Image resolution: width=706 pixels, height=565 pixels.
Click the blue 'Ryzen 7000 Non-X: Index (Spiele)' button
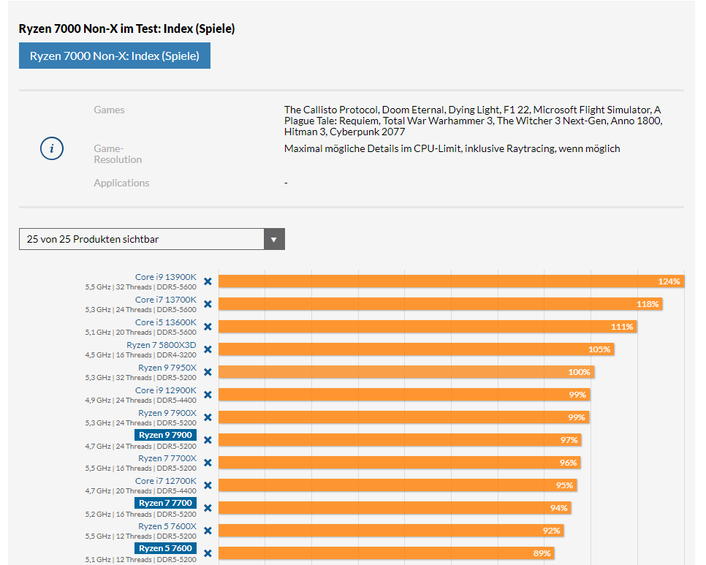115,56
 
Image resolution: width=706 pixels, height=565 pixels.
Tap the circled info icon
51,148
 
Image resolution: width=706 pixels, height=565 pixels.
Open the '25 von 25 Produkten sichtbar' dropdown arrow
274,239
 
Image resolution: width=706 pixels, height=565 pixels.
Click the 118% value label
648,304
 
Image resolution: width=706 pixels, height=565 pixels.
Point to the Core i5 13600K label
165,322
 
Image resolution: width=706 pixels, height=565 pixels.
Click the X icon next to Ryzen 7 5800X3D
208,349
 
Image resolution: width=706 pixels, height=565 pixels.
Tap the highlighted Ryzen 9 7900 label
165,436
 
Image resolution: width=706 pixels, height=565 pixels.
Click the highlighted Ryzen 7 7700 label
165,504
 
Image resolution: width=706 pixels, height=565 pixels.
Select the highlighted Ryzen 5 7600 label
165,549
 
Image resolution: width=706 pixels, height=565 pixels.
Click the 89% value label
542,553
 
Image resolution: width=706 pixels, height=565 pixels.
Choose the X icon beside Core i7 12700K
208,485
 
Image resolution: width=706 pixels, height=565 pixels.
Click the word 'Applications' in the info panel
121,183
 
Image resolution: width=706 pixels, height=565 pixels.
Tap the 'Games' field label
109,110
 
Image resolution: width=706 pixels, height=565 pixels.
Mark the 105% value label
599,349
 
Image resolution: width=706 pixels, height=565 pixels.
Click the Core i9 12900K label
165,390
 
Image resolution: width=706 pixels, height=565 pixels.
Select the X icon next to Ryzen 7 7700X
208,463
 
